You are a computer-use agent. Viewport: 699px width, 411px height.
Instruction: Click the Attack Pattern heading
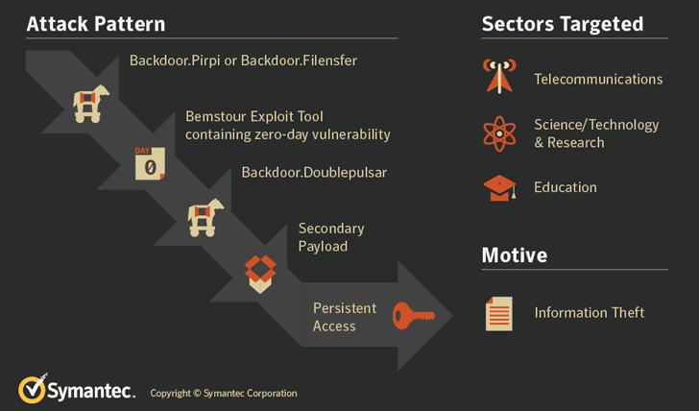coord(96,24)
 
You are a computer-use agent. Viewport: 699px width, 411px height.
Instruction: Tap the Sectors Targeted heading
coord(563,24)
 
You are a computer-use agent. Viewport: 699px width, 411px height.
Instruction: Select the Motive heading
coord(515,255)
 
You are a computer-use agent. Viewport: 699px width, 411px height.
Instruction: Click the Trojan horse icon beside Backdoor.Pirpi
coord(91,104)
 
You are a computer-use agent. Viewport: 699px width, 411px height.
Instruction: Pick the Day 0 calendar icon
coord(150,163)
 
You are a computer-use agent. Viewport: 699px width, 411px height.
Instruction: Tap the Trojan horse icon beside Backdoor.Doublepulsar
coord(205,218)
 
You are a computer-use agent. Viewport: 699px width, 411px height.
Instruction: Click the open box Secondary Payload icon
coord(260,274)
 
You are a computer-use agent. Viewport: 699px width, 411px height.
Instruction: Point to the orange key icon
coord(413,316)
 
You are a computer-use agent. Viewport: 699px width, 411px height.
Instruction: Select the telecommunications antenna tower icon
coord(499,76)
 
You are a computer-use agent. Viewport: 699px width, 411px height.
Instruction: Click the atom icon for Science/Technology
coord(499,133)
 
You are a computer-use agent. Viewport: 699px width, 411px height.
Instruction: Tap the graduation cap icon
coord(499,187)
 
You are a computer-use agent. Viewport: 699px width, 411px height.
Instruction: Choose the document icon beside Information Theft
coord(499,314)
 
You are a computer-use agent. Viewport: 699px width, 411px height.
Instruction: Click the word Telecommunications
coord(598,79)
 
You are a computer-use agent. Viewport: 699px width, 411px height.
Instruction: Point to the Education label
coord(566,187)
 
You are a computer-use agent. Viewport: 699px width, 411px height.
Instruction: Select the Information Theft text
coord(590,312)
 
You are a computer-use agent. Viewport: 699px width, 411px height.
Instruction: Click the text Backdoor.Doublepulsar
coord(314,173)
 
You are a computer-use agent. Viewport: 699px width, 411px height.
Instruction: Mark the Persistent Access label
coord(345,317)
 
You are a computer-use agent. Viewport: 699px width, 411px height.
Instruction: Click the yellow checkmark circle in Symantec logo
coord(32,390)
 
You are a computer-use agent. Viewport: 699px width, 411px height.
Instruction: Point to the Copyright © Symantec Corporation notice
coord(224,393)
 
